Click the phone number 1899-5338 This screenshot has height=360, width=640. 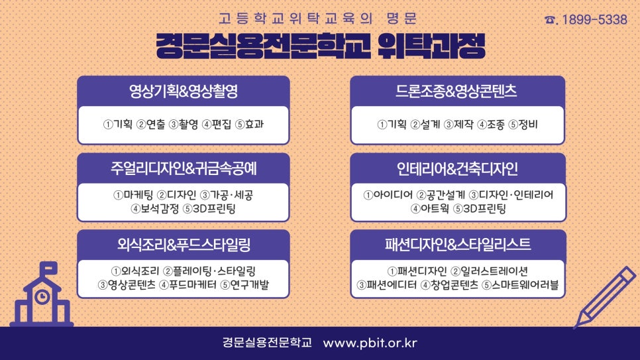594,19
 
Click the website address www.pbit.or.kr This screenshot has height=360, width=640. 370,342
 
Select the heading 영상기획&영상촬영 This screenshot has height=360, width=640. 184,91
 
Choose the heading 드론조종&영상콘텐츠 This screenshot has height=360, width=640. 456,91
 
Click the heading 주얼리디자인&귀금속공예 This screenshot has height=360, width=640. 184,168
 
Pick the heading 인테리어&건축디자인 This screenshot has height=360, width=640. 457,168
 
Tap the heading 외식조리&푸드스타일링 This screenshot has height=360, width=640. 184,245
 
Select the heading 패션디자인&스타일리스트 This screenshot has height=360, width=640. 458,245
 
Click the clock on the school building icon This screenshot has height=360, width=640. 42,296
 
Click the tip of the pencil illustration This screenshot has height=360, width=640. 574,328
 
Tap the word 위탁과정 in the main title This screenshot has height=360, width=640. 431,46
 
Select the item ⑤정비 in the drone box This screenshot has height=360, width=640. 523,124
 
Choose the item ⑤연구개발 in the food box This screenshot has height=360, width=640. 244,285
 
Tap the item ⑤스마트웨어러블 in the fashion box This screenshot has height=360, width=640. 520,285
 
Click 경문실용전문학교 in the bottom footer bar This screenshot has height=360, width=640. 267,342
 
